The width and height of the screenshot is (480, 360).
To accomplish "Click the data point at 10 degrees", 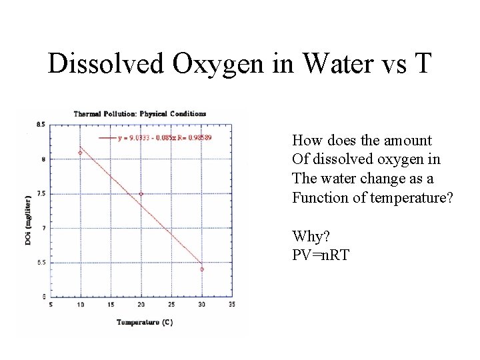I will click(80, 153).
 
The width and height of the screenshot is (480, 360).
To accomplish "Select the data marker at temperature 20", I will click(141, 194).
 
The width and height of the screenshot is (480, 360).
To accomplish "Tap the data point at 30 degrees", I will click(201, 269).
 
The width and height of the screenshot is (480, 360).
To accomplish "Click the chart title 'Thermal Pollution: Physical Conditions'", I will click(139, 113).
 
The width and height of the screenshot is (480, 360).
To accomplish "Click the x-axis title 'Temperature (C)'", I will click(145, 322).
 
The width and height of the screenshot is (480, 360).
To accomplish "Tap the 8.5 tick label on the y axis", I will click(41, 124).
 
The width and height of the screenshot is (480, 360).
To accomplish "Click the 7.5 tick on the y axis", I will click(41, 194).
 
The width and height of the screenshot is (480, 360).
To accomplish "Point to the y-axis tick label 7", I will click(43, 228).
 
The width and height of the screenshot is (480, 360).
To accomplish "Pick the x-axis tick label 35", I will click(231, 305).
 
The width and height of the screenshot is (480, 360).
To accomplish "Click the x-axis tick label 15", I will click(111, 305).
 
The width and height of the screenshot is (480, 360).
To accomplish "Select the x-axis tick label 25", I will click(171, 305).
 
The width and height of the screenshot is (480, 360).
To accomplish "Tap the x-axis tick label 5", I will click(51, 305).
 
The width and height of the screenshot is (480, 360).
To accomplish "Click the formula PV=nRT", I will click(321, 255).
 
